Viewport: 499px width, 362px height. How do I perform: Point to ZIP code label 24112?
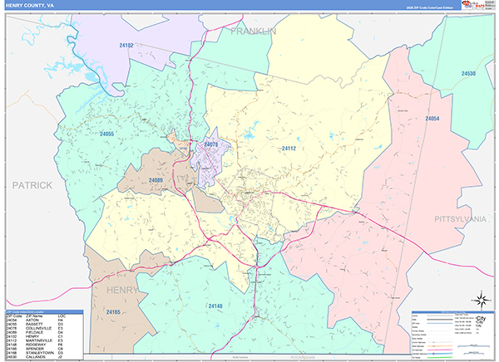pyautogui.click(x=289, y=149)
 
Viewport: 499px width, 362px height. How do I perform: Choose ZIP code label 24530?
pyautogui.click(x=469, y=74)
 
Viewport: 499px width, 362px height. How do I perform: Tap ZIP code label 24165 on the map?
pyautogui.click(x=114, y=311)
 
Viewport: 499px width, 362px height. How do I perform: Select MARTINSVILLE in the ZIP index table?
pyautogui.click(x=38, y=339)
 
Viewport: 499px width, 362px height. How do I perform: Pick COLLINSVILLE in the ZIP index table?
pyautogui.click(x=39, y=327)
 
